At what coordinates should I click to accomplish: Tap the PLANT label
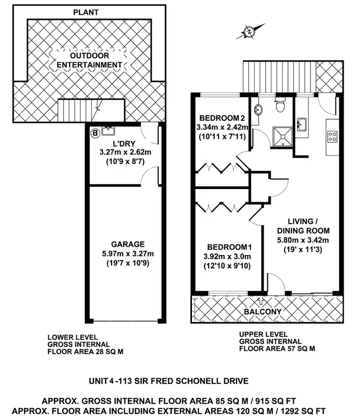tap(87, 11)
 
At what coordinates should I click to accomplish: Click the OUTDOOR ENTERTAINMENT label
tap(89, 61)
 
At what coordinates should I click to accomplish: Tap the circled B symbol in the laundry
tap(94, 133)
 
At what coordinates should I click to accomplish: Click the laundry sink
tap(108, 130)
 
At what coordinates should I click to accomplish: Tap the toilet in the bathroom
tap(279, 107)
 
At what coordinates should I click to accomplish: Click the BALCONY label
tap(263, 311)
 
